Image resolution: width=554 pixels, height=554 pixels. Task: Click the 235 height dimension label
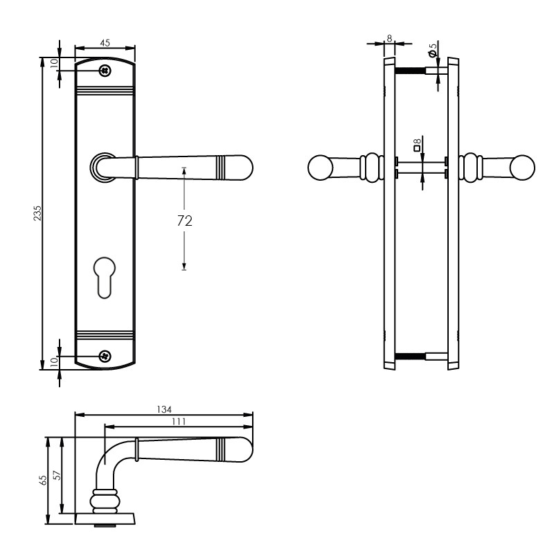(x=38, y=213)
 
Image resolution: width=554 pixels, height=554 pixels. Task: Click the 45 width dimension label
(x=105, y=43)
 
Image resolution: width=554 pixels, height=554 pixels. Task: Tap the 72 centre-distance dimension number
(x=184, y=220)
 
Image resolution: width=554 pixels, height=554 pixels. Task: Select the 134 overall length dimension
(x=165, y=409)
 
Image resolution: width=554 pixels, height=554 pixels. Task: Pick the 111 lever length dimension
(x=179, y=420)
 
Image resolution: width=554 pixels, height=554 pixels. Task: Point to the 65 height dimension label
(x=43, y=479)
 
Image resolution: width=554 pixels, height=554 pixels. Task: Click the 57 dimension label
(x=57, y=476)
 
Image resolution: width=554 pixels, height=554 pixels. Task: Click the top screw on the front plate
(x=105, y=70)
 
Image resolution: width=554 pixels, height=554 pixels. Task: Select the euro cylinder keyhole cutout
(x=105, y=276)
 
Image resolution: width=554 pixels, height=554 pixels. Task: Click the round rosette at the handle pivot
(x=102, y=167)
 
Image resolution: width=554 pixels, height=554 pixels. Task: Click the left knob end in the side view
(x=320, y=168)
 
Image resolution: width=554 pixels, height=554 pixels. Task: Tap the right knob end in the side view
(x=523, y=168)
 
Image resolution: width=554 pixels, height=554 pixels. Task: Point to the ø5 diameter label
(x=433, y=51)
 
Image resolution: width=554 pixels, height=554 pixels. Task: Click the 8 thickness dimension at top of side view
(x=390, y=39)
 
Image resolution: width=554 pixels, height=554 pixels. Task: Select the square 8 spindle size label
(x=417, y=144)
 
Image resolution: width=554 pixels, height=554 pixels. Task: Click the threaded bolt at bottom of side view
(x=409, y=357)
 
